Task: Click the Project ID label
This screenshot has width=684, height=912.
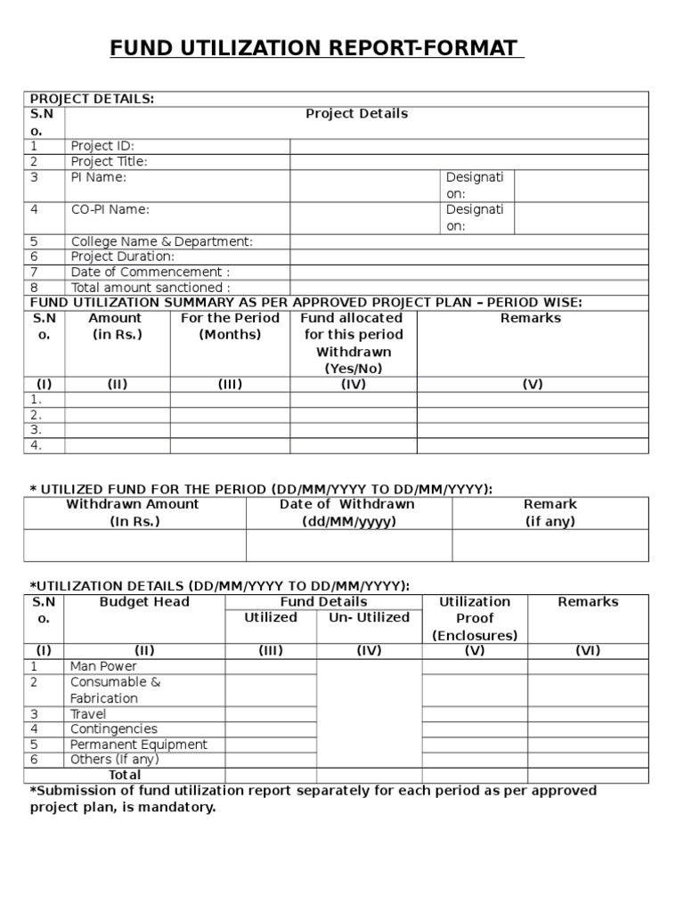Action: click(102, 146)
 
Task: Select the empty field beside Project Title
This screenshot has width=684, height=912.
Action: click(468, 162)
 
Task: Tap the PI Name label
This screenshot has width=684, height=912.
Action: click(98, 177)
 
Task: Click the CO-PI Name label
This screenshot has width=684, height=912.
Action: click(110, 209)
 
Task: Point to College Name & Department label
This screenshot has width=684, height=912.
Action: click(161, 241)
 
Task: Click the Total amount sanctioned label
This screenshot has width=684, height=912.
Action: click(150, 288)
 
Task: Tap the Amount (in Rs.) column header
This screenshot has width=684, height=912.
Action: click(117, 326)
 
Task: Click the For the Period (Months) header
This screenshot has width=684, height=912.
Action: click(230, 326)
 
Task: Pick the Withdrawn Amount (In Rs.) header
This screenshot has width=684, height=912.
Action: click(134, 513)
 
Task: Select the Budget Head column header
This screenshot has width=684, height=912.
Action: click(144, 602)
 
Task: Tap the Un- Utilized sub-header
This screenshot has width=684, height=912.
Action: click(369, 617)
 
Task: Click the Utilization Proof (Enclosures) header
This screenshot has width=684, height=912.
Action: click(475, 618)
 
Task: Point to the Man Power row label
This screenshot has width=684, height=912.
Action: click(103, 666)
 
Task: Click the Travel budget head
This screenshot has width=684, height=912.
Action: click(88, 714)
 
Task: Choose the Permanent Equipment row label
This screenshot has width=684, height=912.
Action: click(138, 745)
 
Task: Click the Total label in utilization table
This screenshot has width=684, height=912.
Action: click(125, 775)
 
